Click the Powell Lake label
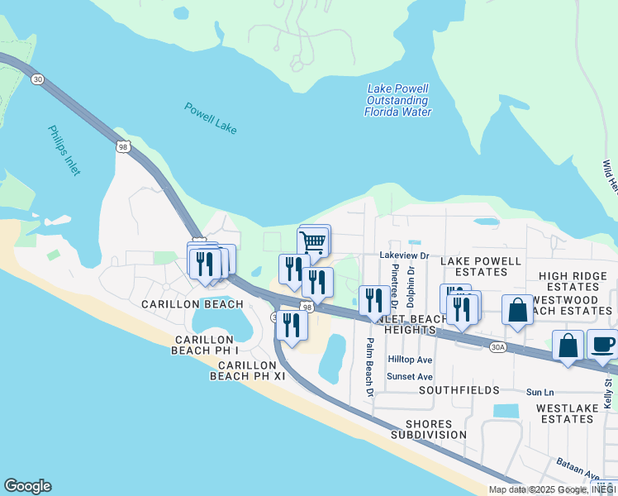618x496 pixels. click(211, 117)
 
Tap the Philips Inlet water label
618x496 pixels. click(64, 150)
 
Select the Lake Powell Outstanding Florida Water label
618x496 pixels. click(397, 100)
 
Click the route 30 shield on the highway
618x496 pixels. click(37, 79)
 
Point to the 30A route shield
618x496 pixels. click(497, 348)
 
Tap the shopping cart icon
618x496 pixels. click(315, 241)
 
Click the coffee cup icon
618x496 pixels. click(603, 343)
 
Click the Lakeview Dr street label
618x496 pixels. click(404, 256)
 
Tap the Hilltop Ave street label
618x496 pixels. click(411, 360)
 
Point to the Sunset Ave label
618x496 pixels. click(411, 376)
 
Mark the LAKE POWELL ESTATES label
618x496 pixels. click(480, 266)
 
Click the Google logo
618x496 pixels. click(27, 486)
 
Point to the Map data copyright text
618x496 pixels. click(552, 489)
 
